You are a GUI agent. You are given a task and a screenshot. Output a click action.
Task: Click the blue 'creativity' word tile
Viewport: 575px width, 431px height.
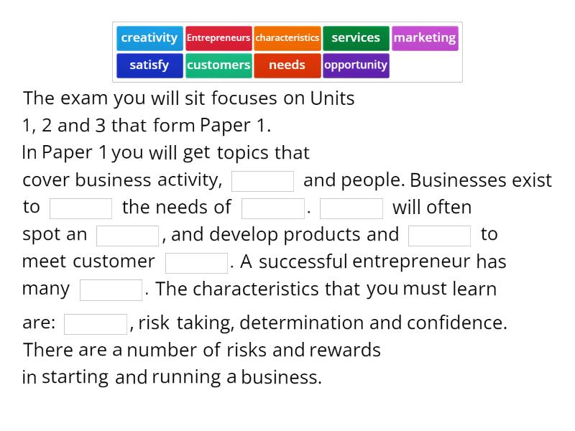tap(149, 38)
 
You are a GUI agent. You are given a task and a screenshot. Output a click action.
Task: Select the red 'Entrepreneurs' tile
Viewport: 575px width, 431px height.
tap(218, 38)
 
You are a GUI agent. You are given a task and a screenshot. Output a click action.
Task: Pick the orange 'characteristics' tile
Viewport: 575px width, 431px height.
tap(287, 38)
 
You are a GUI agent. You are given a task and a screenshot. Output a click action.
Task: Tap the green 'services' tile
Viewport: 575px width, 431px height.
tap(356, 38)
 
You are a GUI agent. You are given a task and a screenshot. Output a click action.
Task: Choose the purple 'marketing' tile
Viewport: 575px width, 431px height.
tap(425, 38)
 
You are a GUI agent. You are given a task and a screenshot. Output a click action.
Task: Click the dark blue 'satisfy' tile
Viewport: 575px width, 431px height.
tap(149, 65)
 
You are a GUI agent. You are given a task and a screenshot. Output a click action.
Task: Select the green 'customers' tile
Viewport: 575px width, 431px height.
tap(218, 65)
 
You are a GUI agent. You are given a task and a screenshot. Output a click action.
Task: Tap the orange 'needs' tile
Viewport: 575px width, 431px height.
tap(287, 65)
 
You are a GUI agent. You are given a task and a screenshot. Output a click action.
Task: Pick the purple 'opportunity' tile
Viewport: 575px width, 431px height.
tap(356, 65)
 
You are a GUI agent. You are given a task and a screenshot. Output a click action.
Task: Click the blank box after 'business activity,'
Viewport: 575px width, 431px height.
tap(263, 181)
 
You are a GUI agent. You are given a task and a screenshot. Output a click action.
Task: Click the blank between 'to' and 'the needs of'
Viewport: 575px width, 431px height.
tap(81, 208)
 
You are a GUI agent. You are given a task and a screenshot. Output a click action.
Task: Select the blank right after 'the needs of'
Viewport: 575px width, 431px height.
tap(273, 208)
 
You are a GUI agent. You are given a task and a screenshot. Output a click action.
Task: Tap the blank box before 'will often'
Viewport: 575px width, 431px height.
tap(351, 208)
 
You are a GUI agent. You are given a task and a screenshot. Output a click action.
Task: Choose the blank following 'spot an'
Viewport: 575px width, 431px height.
tap(128, 236)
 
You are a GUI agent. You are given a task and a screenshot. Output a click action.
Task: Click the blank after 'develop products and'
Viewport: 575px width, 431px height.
tap(440, 236)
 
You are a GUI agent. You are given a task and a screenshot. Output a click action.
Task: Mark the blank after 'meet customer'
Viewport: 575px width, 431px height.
tap(197, 263)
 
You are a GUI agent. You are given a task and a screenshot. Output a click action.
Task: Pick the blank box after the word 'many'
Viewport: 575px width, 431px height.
tap(111, 290)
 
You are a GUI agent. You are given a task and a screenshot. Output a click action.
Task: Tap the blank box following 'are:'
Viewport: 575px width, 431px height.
tap(96, 324)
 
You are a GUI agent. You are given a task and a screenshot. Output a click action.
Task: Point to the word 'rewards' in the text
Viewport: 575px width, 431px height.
tap(345, 351)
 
